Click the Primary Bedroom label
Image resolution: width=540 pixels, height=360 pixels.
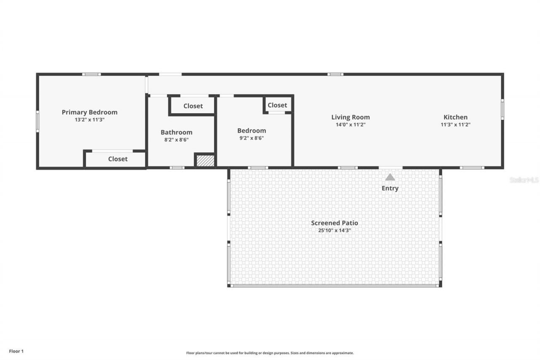click(89, 112)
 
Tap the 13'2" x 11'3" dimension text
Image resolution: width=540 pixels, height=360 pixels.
click(89, 120)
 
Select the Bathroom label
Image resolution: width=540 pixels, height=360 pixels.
click(176, 132)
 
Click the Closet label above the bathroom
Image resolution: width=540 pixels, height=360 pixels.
click(193, 106)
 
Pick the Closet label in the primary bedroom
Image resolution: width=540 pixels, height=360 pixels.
click(118, 159)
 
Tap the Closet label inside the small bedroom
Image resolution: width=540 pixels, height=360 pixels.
click(277, 105)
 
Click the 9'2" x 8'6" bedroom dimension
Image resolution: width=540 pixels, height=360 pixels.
click(251, 138)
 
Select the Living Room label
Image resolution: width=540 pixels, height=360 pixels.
click(350, 117)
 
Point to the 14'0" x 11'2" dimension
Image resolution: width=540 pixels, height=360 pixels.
click(350, 125)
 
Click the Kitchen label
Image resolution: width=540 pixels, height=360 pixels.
click(455, 117)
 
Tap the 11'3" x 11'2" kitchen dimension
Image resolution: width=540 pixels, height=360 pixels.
click(455, 125)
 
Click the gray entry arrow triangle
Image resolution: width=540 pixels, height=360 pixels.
click(390, 177)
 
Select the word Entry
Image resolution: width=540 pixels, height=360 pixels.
click(390, 188)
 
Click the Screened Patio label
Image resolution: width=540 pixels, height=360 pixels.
click(335, 223)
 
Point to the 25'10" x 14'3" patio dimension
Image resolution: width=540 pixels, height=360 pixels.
click(335, 230)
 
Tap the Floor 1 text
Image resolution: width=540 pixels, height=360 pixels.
click(16, 351)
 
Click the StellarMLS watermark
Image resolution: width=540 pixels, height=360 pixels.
click(524, 180)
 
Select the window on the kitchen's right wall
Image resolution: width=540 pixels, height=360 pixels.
click(502, 109)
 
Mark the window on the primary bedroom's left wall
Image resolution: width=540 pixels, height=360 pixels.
click(38, 121)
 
